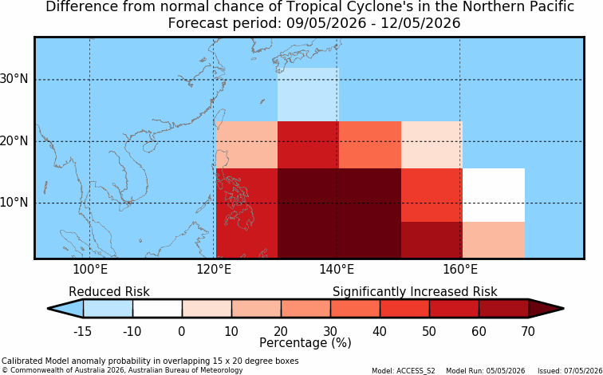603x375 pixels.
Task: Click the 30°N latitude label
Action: (x=14, y=79)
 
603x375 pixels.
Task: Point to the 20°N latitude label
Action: (x=14, y=140)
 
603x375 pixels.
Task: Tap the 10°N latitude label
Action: (x=14, y=203)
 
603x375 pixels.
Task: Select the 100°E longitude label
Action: (x=90, y=269)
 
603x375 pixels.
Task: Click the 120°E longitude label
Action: (x=214, y=269)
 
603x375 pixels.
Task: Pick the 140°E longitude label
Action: (x=337, y=269)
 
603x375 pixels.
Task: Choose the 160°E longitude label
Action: (x=460, y=269)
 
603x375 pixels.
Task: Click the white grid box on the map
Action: (x=494, y=195)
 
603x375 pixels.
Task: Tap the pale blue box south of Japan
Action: (x=308, y=95)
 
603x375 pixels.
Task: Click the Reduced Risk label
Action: (x=109, y=291)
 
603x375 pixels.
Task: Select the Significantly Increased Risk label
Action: (x=415, y=292)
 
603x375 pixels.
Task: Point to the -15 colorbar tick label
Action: (x=82, y=331)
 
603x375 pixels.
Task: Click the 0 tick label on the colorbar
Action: (x=182, y=331)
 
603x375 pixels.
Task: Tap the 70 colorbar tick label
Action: (x=528, y=331)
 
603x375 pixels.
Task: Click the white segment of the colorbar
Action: (x=157, y=309)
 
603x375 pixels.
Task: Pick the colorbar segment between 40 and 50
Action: (x=404, y=309)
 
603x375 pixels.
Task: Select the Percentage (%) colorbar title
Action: (x=305, y=343)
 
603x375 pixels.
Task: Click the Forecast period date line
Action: (x=314, y=23)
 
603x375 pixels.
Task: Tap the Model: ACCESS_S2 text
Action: (x=404, y=371)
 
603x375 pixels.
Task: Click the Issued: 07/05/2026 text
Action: (x=570, y=371)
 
